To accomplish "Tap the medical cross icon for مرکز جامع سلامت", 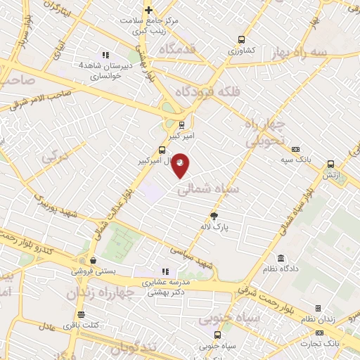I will pyautogui.click(x=148, y=10).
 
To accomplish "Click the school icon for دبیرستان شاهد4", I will pyautogui.click(x=105, y=55).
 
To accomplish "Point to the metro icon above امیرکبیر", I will pyautogui.click(x=183, y=126).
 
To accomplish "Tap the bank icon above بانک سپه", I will pyautogui.click(x=295, y=149).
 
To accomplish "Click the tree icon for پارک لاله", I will pyautogui.click(x=214, y=216).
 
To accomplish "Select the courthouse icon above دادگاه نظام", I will pyautogui.click(x=281, y=258).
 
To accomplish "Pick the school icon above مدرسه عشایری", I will pyautogui.click(x=165, y=271).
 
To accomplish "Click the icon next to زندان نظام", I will pyautogui.click(x=318, y=309).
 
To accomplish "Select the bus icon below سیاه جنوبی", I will pyautogui.click(x=217, y=335).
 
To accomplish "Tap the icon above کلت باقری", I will pyautogui.click(x=82, y=314).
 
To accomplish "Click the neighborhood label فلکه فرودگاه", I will pyautogui.click(x=204, y=91).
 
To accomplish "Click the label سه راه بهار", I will pyautogui.click(x=302, y=53).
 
